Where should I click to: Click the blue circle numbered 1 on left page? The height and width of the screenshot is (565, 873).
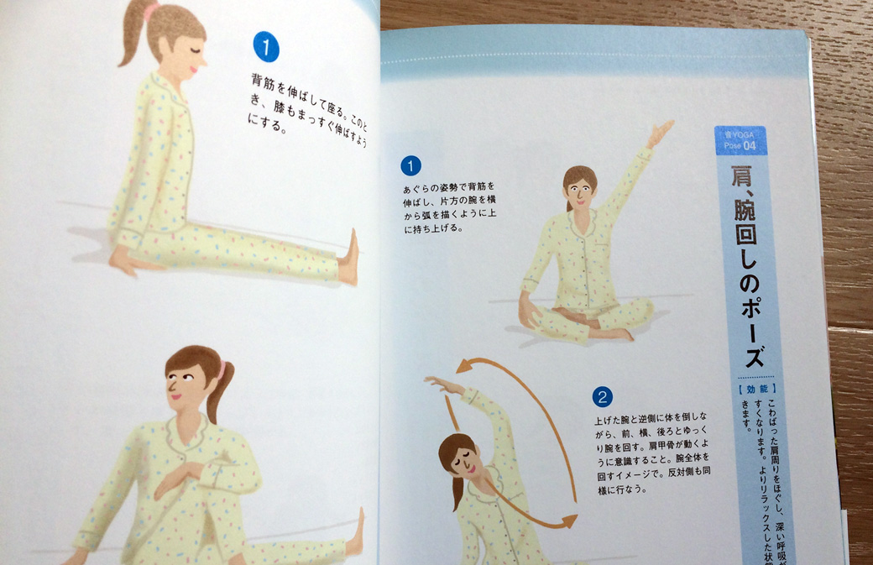(266, 47)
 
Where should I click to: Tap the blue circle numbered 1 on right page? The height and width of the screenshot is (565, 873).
(410, 165)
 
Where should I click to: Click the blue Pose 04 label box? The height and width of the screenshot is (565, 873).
(740, 141)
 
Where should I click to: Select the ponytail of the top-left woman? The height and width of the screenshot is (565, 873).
(133, 38)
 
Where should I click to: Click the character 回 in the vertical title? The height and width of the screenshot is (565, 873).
(747, 245)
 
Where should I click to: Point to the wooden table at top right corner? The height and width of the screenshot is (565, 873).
(839, 50)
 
